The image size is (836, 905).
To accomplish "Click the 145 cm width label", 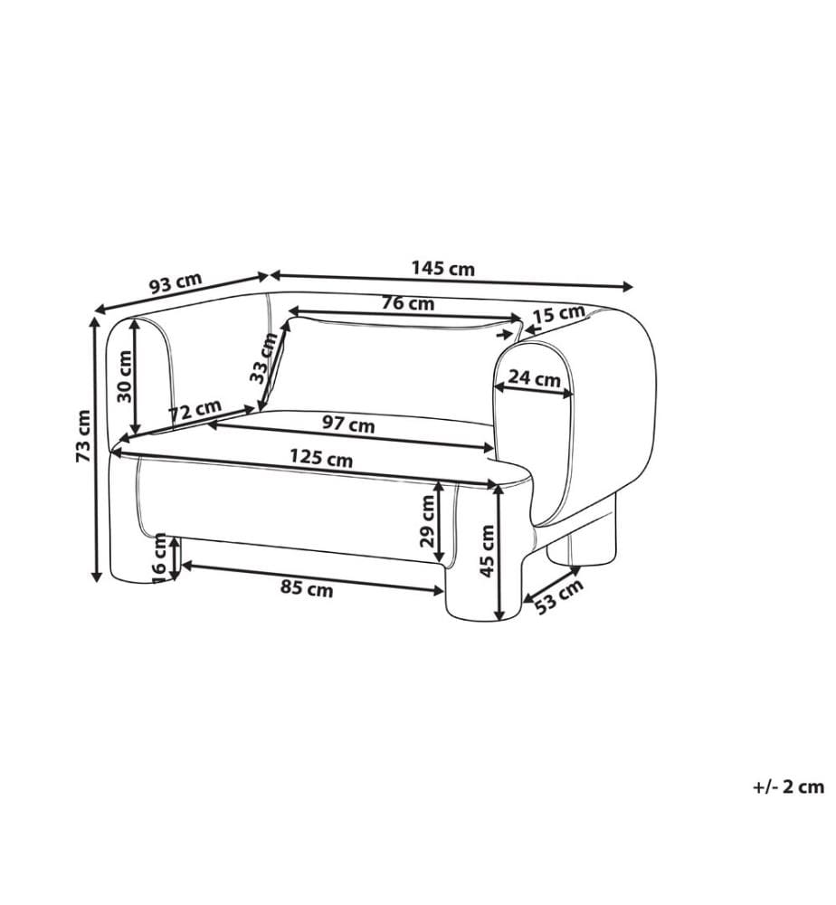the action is tap(442, 269).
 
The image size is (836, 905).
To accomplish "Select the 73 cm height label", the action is tap(83, 436).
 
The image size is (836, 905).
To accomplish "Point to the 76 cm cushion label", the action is tap(408, 302).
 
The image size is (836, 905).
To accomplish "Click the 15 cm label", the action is tap(558, 314).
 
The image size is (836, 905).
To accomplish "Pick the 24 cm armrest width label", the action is tap(534, 378).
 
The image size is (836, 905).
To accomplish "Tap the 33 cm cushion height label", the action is tap(263, 359).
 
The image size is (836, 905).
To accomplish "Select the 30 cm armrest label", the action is tap(124, 376).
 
